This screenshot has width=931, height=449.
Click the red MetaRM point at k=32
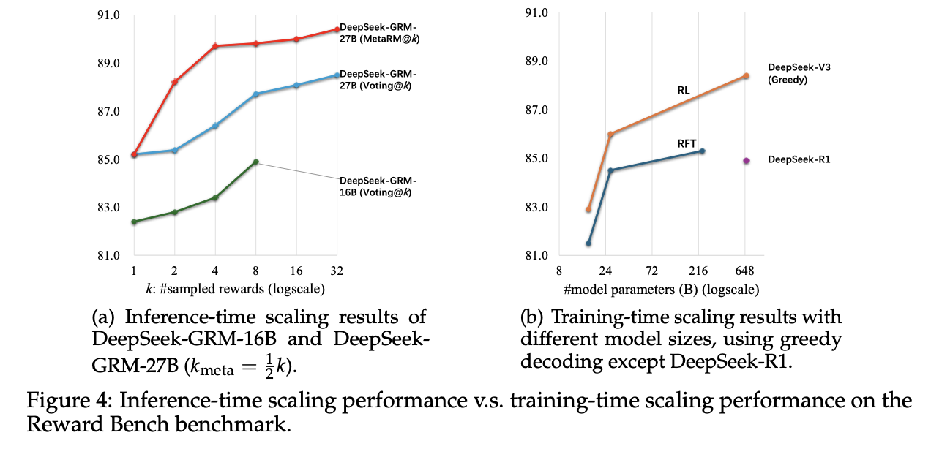pyautogui.click(x=337, y=29)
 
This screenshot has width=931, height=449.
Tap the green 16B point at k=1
pyautogui.click(x=134, y=222)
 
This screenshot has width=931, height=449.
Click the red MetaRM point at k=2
pyautogui.click(x=174, y=82)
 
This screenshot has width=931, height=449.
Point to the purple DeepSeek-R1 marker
pyautogui.click(x=747, y=160)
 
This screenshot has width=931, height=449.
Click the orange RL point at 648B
pyautogui.click(x=747, y=75)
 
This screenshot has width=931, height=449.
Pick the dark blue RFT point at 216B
pyautogui.click(x=702, y=151)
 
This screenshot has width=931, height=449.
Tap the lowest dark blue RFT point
pyautogui.click(x=588, y=243)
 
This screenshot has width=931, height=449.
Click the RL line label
pyautogui.click(x=683, y=91)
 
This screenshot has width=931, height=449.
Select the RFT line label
pyautogui.click(x=687, y=144)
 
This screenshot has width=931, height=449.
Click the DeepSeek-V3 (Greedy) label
pyautogui.click(x=799, y=73)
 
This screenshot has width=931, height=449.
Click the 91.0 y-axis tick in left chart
pyautogui.click(x=108, y=14)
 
